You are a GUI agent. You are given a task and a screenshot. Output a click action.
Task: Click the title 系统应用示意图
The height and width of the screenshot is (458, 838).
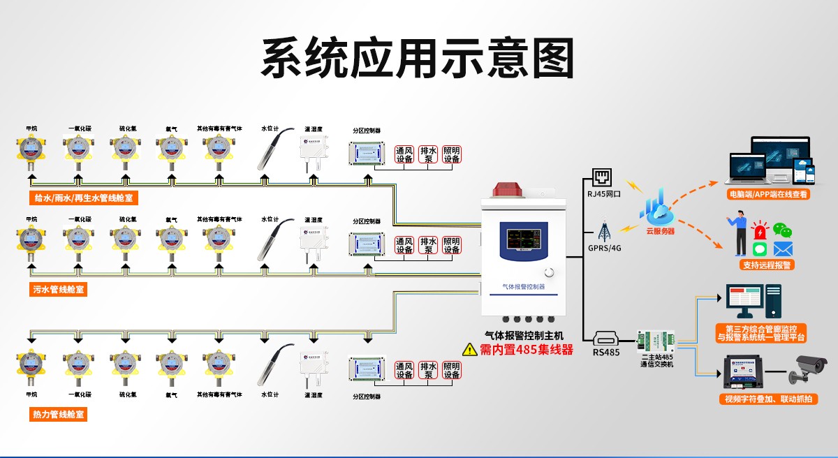click(417, 58)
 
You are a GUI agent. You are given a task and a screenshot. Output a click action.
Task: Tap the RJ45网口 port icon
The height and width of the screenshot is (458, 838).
click(601, 176)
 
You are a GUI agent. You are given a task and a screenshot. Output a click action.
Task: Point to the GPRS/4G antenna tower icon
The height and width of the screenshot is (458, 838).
click(604, 231)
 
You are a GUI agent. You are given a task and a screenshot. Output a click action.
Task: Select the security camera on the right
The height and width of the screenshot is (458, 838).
click(805, 369)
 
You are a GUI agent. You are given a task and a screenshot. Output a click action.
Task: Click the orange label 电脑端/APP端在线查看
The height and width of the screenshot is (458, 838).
click(767, 195)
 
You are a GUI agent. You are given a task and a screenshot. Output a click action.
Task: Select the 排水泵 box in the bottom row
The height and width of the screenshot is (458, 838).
click(428, 370)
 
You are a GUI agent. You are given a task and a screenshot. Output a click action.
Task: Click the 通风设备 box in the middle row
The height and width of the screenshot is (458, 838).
click(404, 245)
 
